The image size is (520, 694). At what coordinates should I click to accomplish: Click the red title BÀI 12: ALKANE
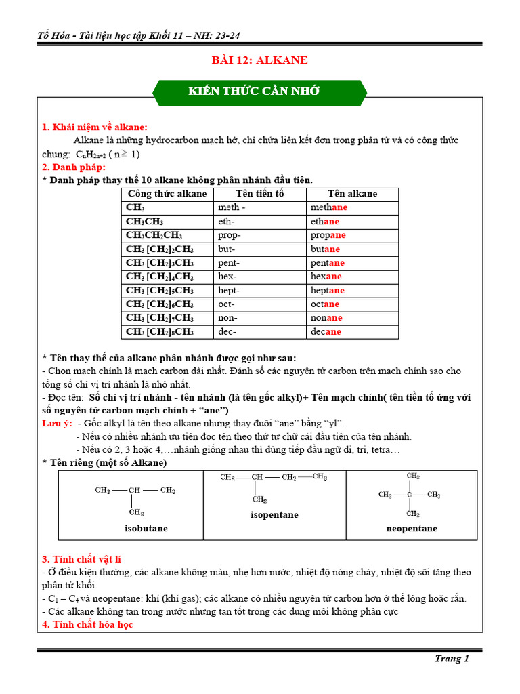[259, 60]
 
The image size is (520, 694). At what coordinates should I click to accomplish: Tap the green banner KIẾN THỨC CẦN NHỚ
[259, 92]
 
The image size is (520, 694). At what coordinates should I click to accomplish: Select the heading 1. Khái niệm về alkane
[95, 127]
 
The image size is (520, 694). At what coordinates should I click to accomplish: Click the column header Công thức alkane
[167, 194]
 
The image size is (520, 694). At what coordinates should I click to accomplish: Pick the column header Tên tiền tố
[259, 194]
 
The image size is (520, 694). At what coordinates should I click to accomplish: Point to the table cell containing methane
[329, 207]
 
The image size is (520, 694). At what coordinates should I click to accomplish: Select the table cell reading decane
[326, 331]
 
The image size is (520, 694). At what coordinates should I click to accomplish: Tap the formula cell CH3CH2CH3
[154, 235]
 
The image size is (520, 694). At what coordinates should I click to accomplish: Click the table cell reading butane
[326, 249]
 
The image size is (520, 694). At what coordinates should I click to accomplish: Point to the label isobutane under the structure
[146, 528]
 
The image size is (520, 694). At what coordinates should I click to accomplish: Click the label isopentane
[274, 515]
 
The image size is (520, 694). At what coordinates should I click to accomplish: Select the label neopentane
[412, 528]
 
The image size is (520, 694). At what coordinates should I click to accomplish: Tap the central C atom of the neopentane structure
[410, 495]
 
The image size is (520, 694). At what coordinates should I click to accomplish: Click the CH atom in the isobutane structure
[135, 490]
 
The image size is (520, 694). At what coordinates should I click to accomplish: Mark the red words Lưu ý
[57, 423]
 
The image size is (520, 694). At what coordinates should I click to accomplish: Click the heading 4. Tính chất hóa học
[87, 624]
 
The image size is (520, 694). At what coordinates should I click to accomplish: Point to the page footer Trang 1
[452, 658]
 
